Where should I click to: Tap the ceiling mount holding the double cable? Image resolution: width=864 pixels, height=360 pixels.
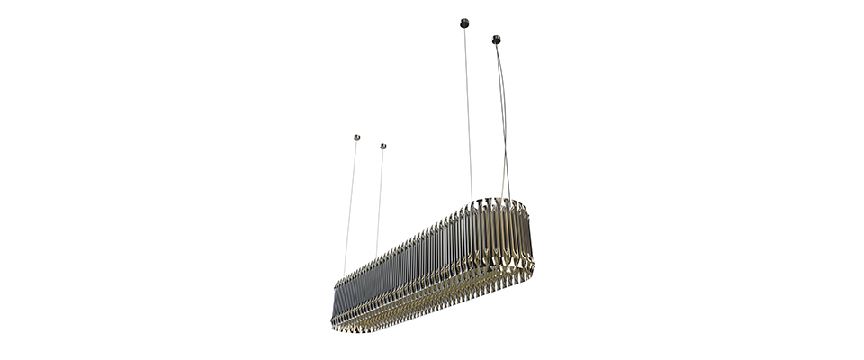(x=496, y=40)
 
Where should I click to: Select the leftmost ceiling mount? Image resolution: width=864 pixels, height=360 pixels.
(x=356, y=138)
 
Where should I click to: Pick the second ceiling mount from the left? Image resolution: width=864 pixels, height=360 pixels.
(x=382, y=146)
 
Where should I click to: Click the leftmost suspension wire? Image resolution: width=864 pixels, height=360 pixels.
(x=350, y=207)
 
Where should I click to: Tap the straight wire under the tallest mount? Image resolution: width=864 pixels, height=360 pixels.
(x=468, y=108)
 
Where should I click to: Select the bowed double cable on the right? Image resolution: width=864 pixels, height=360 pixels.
(x=504, y=117)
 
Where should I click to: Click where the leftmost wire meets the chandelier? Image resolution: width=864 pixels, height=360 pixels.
(x=344, y=273)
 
